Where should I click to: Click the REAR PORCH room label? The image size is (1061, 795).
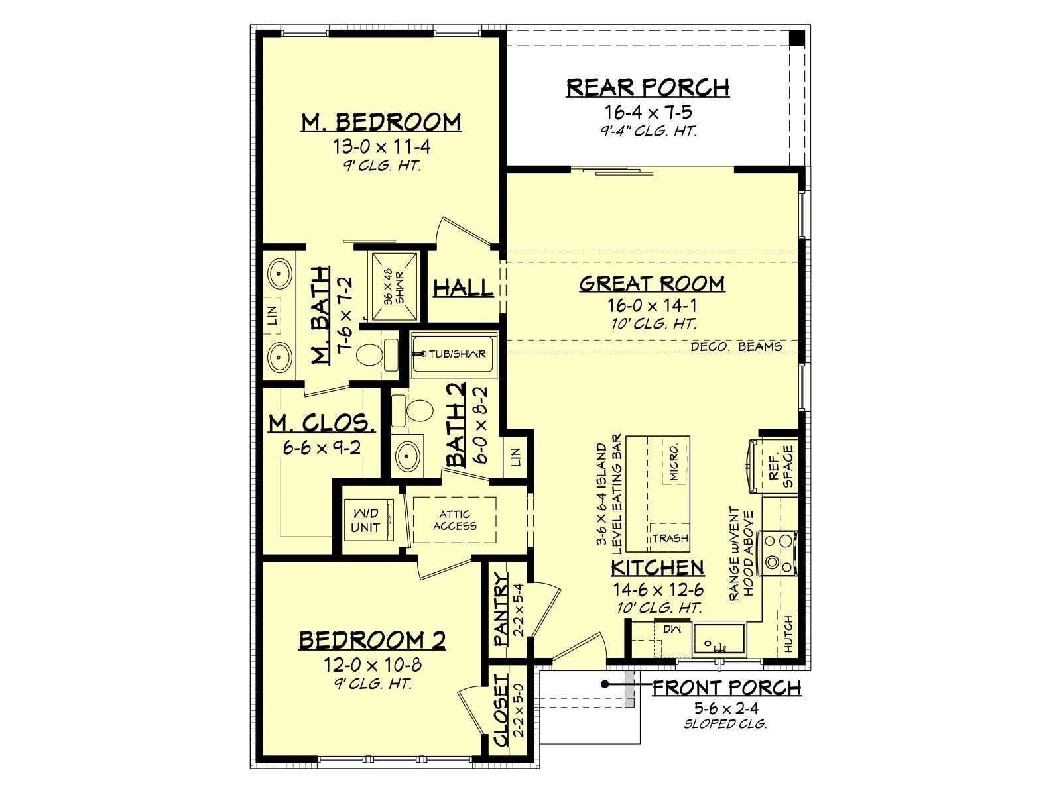tap(648, 88)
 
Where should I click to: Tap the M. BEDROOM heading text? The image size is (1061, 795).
tap(381, 122)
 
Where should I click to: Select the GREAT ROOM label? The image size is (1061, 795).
tap(652, 284)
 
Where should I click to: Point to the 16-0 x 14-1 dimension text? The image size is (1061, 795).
tap(652, 305)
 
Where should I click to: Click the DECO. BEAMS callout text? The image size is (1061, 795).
tap(736, 346)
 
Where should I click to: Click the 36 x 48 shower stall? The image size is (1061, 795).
tap(393, 287)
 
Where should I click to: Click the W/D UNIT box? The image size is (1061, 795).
tap(368, 520)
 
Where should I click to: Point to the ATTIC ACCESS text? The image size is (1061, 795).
tap(454, 520)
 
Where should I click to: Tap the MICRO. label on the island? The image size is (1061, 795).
tap(674, 462)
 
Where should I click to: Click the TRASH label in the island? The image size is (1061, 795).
tap(670, 538)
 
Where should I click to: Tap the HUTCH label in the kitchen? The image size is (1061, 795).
tap(788, 634)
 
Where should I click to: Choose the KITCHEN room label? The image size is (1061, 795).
tap(658, 568)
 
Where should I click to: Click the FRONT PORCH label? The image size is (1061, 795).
tap(727, 688)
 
